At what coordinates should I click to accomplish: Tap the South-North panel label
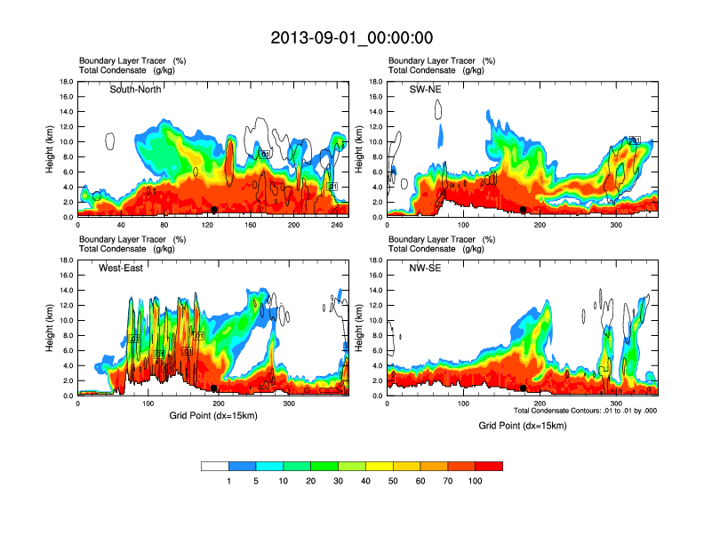(x=137, y=89)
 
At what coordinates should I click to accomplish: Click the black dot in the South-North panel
(x=214, y=210)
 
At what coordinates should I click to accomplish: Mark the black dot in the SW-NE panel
(x=524, y=210)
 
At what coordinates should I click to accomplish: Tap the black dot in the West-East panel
(x=214, y=388)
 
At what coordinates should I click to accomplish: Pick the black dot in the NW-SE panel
(x=524, y=388)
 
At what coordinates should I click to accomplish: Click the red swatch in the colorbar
(x=489, y=466)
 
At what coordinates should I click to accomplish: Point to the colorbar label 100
(x=476, y=481)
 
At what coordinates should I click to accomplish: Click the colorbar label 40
(x=365, y=481)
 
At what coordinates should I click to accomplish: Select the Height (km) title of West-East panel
(x=50, y=328)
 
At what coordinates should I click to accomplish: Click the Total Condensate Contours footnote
(x=584, y=411)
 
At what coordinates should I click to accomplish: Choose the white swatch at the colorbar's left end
(x=214, y=466)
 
